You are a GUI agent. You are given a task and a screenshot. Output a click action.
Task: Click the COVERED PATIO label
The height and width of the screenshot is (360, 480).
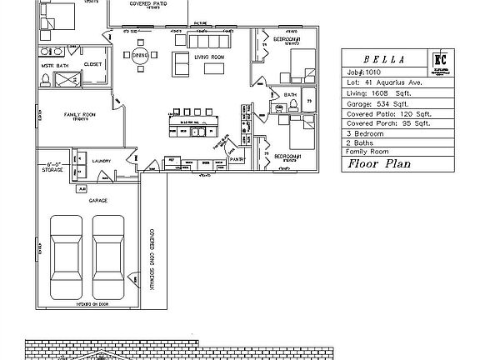(147, 4)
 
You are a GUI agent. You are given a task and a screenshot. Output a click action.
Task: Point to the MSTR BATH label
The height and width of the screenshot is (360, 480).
(55, 63)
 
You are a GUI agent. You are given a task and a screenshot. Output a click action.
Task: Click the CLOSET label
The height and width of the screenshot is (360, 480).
(92, 63)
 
